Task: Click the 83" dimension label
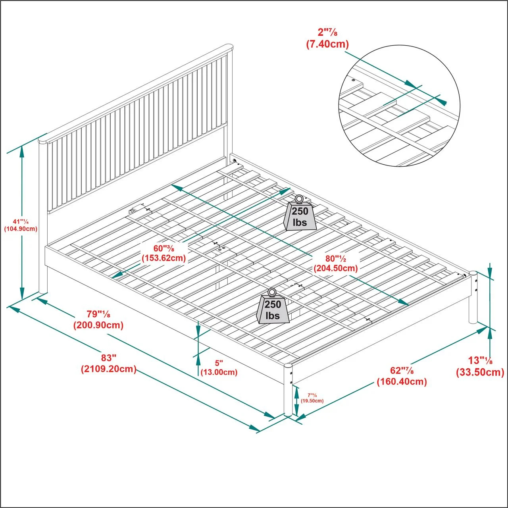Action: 109,358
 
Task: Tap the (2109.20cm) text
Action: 109,369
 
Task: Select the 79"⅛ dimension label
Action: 98,314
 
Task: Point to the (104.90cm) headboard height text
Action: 21,229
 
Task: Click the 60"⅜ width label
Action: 164,248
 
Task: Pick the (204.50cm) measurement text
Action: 336,268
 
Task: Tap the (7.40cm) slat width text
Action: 327,44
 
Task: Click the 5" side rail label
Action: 219,363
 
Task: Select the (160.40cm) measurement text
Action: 402,381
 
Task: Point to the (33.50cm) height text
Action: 480,372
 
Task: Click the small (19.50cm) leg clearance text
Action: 312,401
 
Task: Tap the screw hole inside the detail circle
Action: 354,80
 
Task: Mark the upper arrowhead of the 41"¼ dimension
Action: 22,152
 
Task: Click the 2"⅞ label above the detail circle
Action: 327,32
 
